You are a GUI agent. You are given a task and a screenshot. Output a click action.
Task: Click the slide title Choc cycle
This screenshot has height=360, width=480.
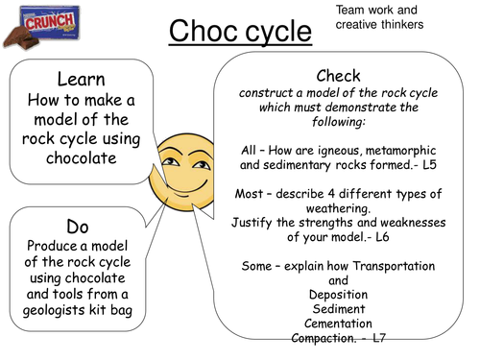pyautogui.click(x=241, y=33)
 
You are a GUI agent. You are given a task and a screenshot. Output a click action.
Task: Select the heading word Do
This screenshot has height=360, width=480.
pyautogui.click(x=78, y=226)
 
